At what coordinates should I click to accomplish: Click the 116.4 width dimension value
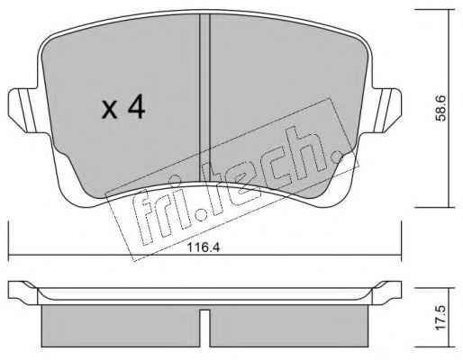[204, 247]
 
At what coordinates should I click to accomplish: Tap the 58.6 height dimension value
[440, 108]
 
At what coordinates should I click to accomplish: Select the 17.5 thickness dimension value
[440, 319]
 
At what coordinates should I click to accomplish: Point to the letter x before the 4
[109, 110]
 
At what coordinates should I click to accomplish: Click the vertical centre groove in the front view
[204, 99]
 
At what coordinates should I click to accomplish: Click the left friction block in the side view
[121, 326]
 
